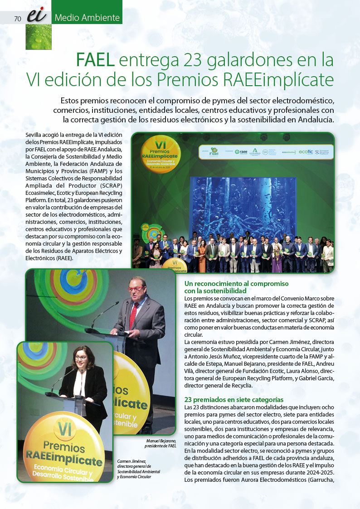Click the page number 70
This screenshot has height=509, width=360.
[x=18, y=19]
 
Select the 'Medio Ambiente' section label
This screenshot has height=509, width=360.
[x=87, y=18]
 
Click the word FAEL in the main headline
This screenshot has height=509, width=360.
[x=95, y=60]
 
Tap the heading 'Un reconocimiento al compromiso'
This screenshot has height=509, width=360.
[x=236, y=284]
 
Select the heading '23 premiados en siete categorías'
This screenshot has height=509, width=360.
[x=234, y=399]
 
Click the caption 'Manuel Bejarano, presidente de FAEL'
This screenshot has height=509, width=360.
[x=161, y=443]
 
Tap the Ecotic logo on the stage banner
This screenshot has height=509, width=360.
[x=306, y=152]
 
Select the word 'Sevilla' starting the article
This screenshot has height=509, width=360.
[x=34, y=135]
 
